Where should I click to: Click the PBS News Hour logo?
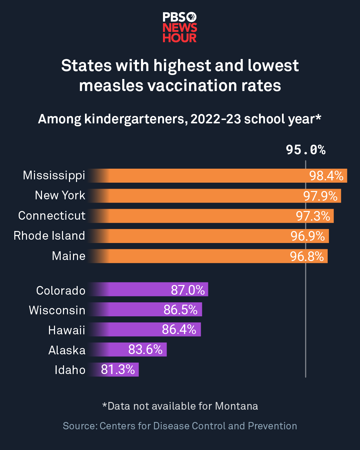click(x=180, y=27)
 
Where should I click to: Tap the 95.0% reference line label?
click(x=305, y=150)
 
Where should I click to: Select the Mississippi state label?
click(x=54, y=175)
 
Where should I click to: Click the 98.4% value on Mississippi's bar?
click(x=326, y=176)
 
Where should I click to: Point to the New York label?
click(x=60, y=195)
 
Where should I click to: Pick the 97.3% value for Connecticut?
click(x=313, y=216)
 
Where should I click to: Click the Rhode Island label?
click(x=49, y=236)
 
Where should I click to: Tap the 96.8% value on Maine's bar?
click(x=307, y=256)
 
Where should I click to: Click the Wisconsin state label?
click(x=57, y=310)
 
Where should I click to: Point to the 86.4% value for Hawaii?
click(x=179, y=329)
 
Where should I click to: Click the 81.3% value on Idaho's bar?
click(x=118, y=369)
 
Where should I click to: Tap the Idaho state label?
click(x=70, y=370)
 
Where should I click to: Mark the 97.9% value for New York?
click(x=320, y=196)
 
